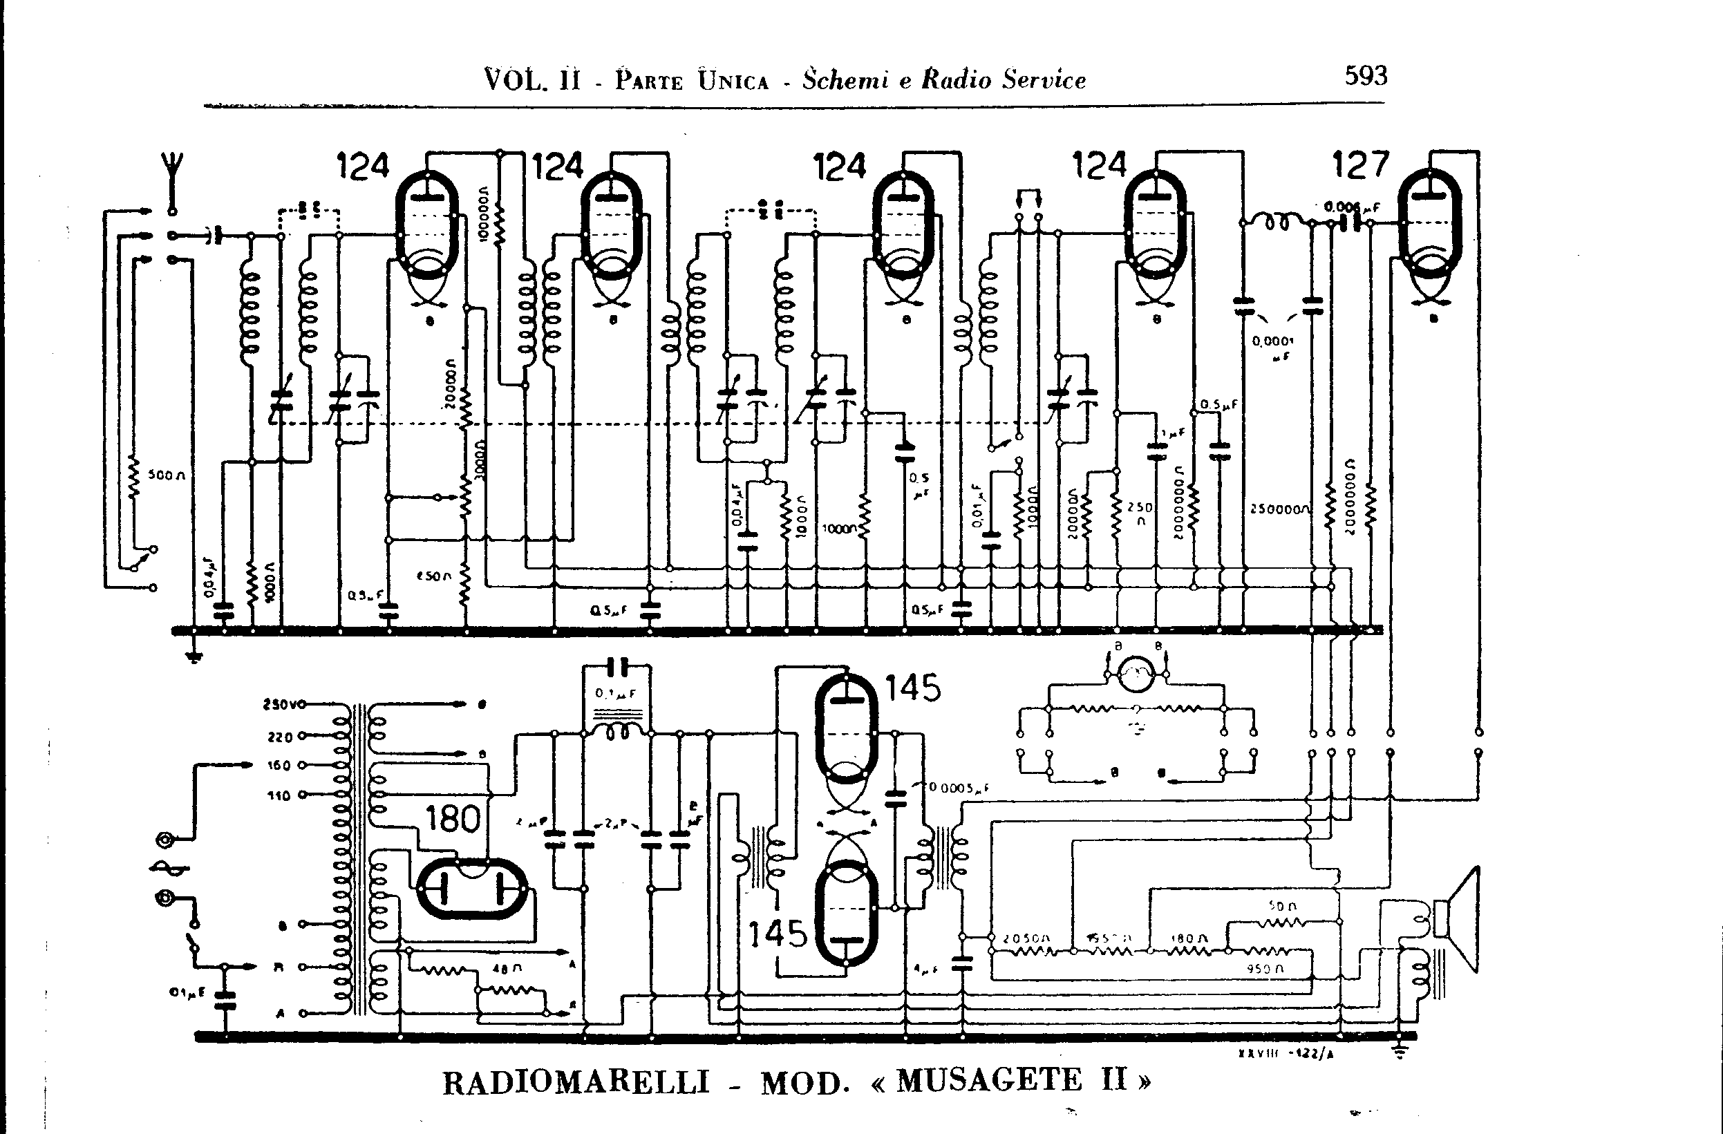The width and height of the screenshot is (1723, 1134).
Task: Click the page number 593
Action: tap(1366, 75)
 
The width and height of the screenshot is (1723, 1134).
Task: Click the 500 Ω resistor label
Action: tap(167, 475)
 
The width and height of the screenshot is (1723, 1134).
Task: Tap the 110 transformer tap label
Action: tap(278, 795)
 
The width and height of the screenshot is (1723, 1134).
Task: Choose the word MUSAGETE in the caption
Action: tap(989, 1081)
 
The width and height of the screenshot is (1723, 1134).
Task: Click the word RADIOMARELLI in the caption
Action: tap(576, 1084)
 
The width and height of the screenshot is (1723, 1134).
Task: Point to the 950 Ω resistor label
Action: tap(1265, 968)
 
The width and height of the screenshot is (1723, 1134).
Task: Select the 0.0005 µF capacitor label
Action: tap(959, 788)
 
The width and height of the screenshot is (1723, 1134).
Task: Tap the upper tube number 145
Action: tap(913, 687)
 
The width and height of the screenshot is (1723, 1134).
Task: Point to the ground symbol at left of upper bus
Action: tap(194, 655)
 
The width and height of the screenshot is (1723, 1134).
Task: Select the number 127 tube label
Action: tap(1360, 165)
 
